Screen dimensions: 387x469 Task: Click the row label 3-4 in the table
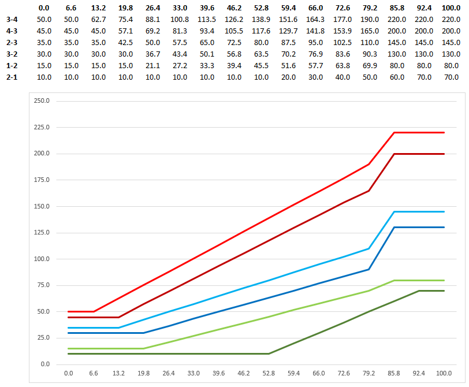point(12,19)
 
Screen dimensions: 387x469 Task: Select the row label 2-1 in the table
point(12,77)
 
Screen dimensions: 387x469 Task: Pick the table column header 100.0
point(452,8)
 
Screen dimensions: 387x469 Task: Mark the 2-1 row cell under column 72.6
point(343,77)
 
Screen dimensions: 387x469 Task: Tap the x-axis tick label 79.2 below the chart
point(369,374)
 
